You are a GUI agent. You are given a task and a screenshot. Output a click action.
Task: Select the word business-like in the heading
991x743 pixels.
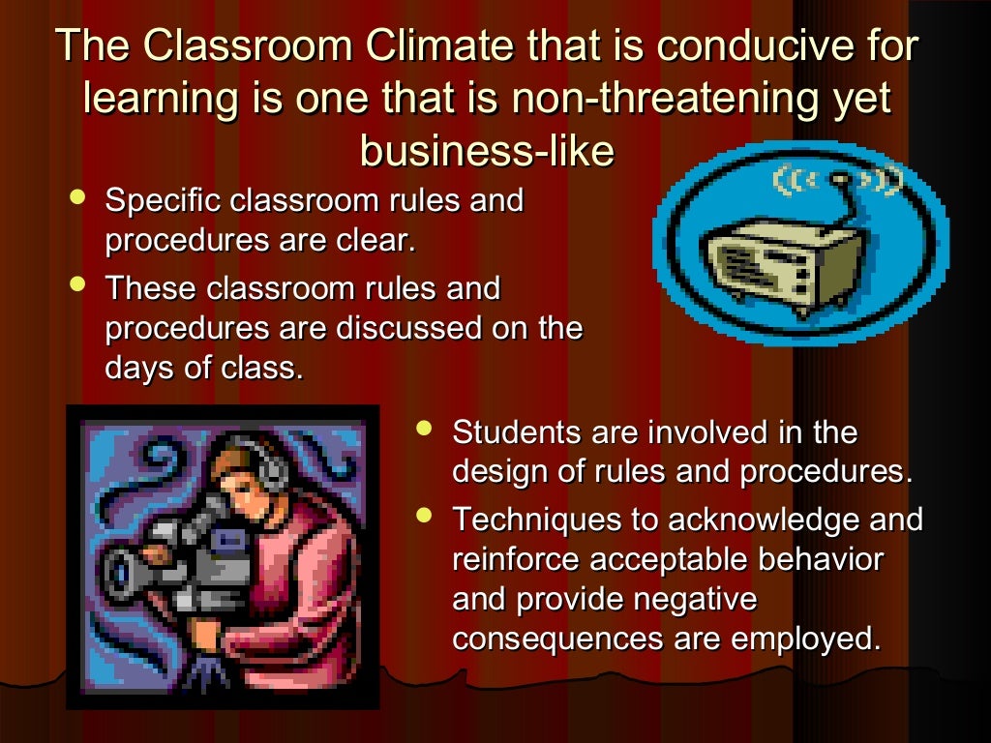(x=487, y=152)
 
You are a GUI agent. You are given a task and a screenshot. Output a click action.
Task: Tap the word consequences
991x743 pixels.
(x=556, y=639)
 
